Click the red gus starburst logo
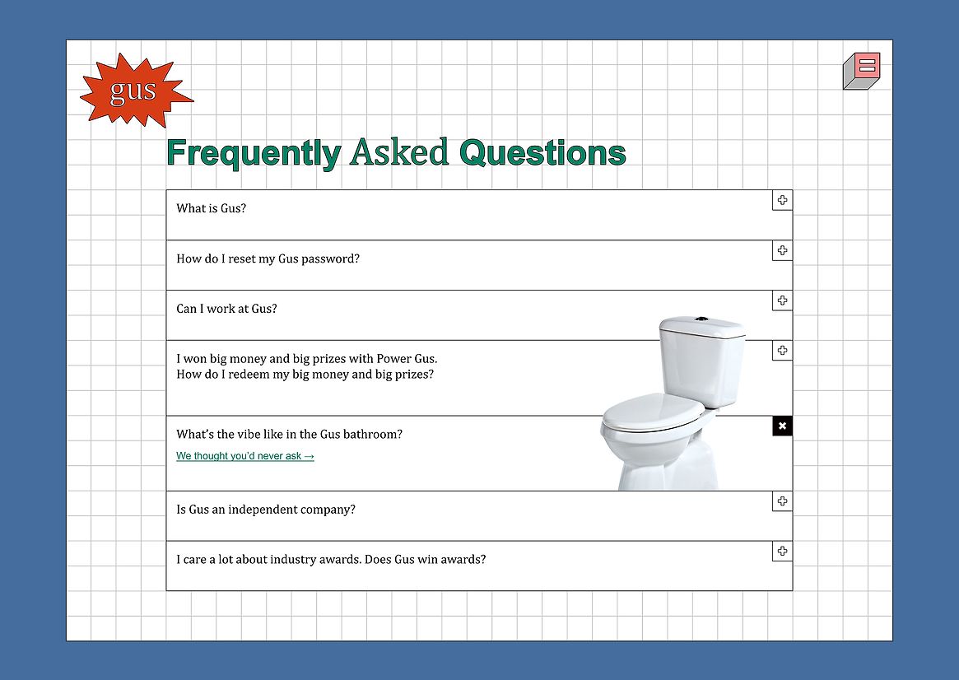click(136, 91)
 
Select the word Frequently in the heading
click(254, 153)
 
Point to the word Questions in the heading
click(542, 153)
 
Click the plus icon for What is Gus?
click(782, 200)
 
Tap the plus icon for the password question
click(782, 250)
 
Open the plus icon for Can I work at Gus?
click(782, 300)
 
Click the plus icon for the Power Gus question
click(782, 351)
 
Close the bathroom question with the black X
click(782, 426)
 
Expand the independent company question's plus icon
click(782, 501)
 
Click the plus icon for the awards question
click(782, 551)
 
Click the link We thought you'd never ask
click(245, 456)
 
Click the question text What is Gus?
click(211, 208)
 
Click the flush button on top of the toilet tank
click(701, 319)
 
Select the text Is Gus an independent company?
click(265, 510)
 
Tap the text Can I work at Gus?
click(226, 309)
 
